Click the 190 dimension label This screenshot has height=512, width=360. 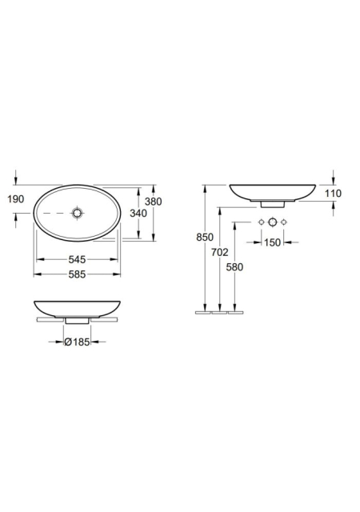click(16, 199)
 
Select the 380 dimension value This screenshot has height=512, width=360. click(154, 202)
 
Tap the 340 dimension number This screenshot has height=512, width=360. click(138, 214)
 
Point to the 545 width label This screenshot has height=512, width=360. click(77, 259)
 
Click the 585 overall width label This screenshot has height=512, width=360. click(77, 274)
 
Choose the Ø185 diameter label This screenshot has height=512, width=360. click(77, 342)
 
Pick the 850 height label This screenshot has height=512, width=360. click(205, 237)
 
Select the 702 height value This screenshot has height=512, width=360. click(220, 252)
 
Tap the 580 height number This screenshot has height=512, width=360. click(234, 267)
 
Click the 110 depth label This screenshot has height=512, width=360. click(334, 194)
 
